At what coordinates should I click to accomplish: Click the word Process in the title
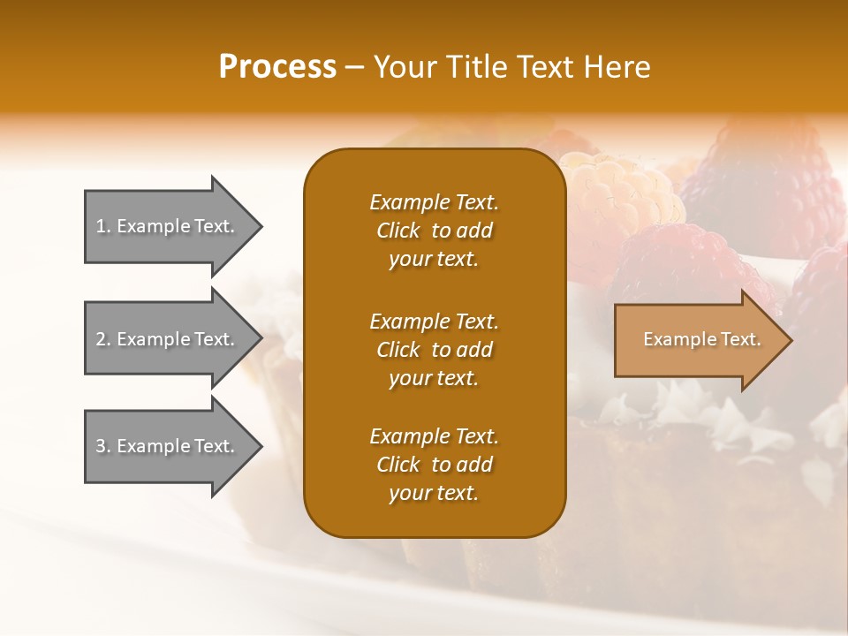click(x=277, y=67)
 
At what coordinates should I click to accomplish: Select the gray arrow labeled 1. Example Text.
click(x=168, y=226)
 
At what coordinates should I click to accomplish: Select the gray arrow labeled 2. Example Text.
click(x=168, y=339)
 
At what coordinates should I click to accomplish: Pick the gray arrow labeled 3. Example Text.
click(x=168, y=446)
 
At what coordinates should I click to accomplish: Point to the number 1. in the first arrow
click(x=103, y=226)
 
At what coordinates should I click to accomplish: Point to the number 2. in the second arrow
click(x=103, y=339)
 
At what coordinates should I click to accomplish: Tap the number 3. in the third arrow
click(x=103, y=446)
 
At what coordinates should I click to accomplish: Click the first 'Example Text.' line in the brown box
click(x=434, y=202)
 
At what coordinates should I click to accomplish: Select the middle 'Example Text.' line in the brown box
click(x=434, y=321)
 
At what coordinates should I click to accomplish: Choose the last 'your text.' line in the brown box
click(x=434, y=494)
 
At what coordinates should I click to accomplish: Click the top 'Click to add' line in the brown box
click(x=434, y=231)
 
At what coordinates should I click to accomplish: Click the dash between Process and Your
click(x=354, y=68)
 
